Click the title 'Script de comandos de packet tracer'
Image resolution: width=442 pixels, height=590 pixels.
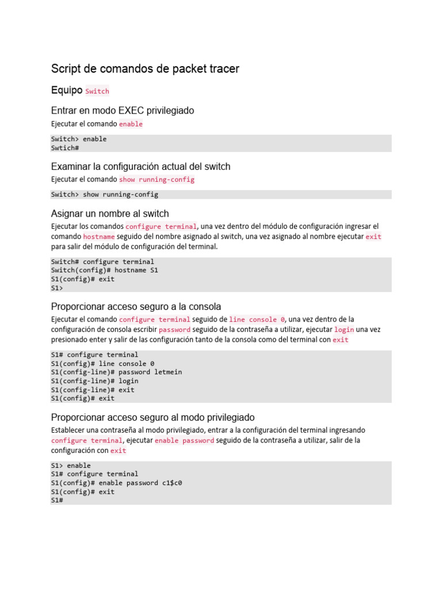pyautogui.click(x=145, y=69)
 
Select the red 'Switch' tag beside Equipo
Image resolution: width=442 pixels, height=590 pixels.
pyautogui.click(x=97, y=91)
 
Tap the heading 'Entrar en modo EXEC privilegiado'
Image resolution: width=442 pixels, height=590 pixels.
pyautogui.click(x=123, y=110)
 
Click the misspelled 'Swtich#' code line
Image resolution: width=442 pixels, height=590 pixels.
pyautogui.click(x=64, y=148)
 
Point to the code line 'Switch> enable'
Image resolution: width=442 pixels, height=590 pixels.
pyautogui.click(x=79, y=139)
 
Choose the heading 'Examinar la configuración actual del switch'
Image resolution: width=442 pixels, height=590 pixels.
pyautogui.click(x=140, y=167)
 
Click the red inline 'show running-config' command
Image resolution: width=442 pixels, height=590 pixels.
pyautogui.click(x=157, y=180)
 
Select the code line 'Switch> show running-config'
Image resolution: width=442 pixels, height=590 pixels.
pyautogui.click(x=104, y=195)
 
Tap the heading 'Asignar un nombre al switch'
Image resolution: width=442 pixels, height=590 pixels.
pyautogui.click(x=110, y=214)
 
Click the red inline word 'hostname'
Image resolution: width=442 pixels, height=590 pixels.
pyautogui.click(x=99, y=237)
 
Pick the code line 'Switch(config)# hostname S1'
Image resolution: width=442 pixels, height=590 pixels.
pyautogui.click(x=104, y=270)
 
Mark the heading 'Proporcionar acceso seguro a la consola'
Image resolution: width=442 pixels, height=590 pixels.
pyautogui.click(x=136, y=307)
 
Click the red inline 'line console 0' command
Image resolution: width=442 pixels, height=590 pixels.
pyautogui.click(x=257, y=319)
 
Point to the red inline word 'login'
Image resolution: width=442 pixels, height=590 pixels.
pyautogui.click(x=344, y=330)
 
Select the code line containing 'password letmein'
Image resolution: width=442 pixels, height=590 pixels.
pyautogui.click(x=116, y=372)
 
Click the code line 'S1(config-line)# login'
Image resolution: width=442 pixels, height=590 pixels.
pyautogui.click(x=94, y=381)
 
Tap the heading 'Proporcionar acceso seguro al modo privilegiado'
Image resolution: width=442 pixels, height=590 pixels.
pyautogui.click(x=153, y=417)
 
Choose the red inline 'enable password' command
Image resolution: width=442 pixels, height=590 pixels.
pyautogui.click(x=184, y=441)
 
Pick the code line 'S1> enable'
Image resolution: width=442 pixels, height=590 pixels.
pyautogui.click(x=71, y=466)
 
